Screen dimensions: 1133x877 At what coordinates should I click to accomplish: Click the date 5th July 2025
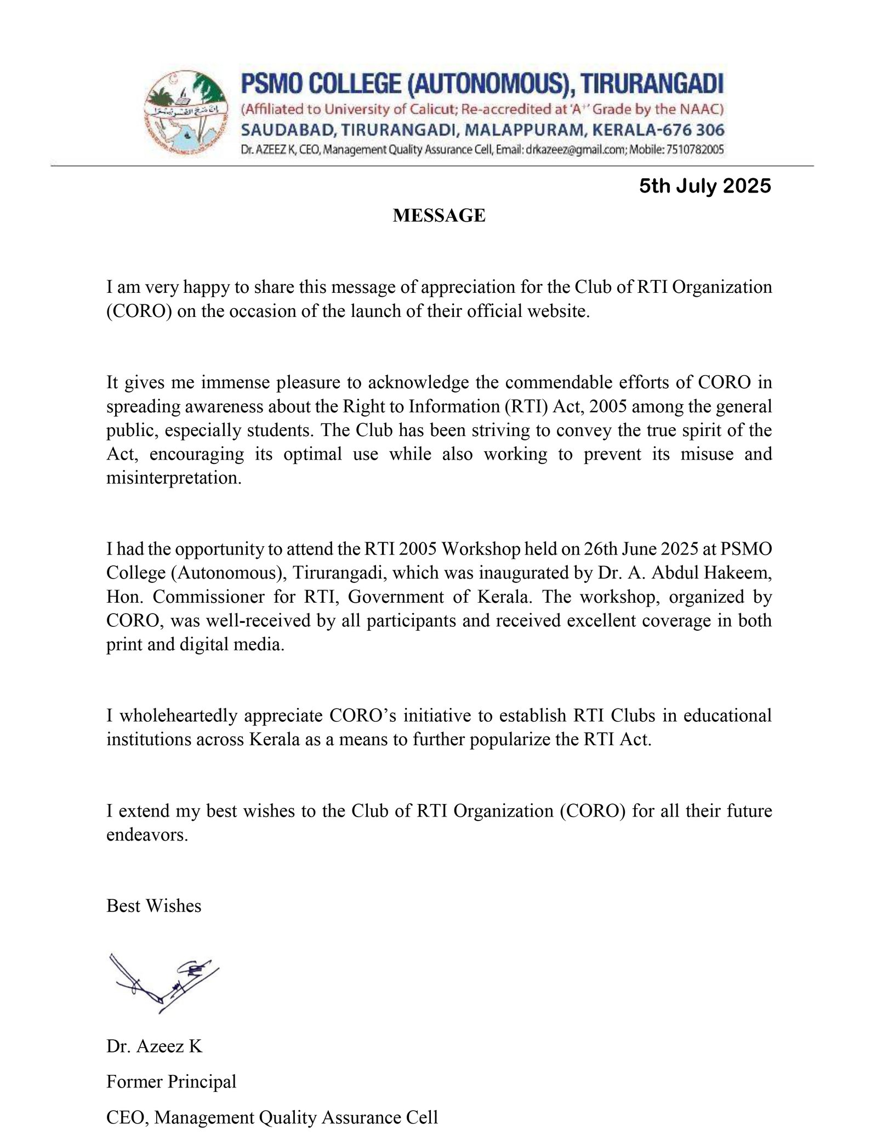coord(705,186)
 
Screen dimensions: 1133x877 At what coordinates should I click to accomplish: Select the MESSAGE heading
coord(439,216)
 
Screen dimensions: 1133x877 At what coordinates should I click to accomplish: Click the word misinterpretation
coord(174,478)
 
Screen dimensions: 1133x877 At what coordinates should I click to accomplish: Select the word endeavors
coord(147,835)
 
